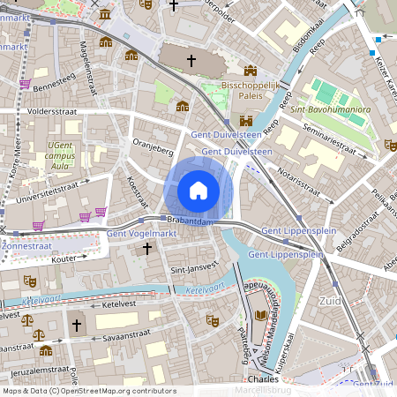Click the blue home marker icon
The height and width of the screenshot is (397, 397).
tap(198, 190)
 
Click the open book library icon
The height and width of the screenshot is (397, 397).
tap(261, 315)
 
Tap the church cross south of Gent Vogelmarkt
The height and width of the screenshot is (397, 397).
tap(146, 250)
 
